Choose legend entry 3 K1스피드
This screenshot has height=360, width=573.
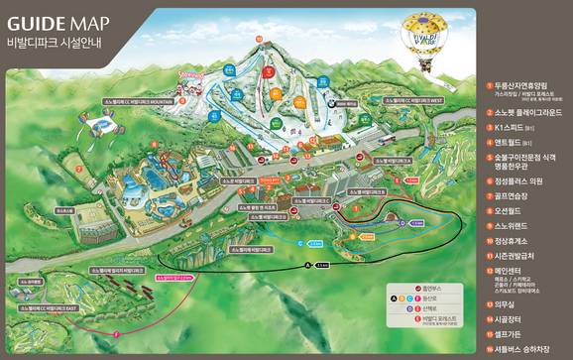[515, 128]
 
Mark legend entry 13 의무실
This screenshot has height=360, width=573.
[512, 305]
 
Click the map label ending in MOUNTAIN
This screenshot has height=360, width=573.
[138, 101]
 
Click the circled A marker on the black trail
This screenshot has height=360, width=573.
[308, 266]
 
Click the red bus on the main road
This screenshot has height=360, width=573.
[379, 142]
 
